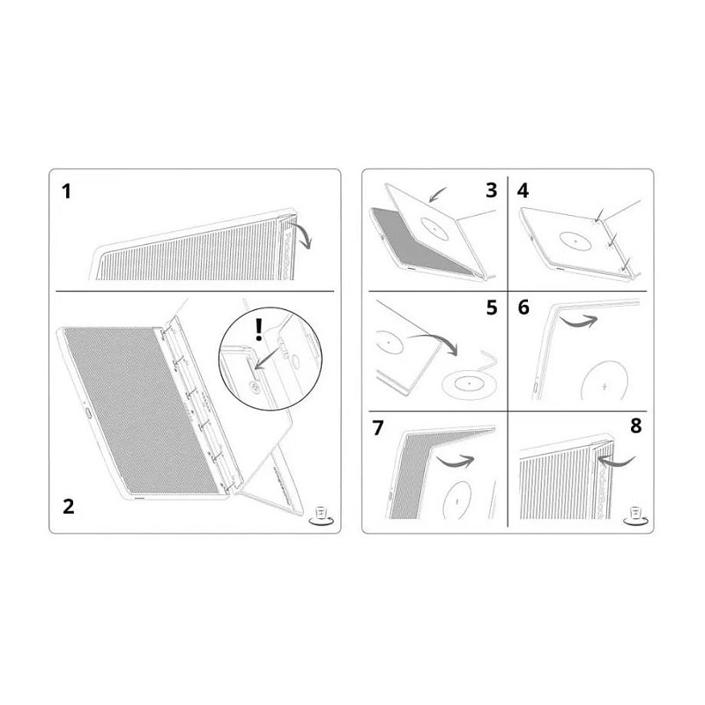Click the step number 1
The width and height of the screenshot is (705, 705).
67,191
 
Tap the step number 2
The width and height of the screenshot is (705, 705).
68,506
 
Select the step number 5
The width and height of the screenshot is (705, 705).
492,308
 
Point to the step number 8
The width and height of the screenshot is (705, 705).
635,426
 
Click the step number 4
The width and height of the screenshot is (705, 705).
523,190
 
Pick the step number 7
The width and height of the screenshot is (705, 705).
378,428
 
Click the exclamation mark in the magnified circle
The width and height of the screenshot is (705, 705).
258,330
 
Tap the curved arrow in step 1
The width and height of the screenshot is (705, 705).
301,234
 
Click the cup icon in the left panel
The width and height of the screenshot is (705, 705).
321,516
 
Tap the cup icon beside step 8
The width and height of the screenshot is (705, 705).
634,516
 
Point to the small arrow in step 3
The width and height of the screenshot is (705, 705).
437,195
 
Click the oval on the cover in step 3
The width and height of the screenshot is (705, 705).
434,228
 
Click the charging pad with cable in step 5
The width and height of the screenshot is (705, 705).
471,378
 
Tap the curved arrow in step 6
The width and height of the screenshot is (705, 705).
578,321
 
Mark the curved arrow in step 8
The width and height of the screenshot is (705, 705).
616,461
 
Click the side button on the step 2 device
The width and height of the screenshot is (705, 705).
87,413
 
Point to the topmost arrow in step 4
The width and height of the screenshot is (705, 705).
599,215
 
